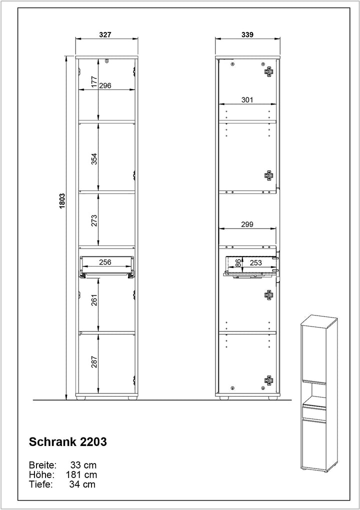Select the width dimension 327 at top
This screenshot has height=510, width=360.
click(104, 35)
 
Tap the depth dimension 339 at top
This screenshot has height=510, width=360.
click(247, 35)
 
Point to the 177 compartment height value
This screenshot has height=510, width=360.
click(93, 82)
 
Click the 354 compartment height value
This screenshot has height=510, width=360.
click(93, 158)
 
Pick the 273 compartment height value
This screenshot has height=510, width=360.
click(93, 219)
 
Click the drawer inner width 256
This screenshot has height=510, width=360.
click(104, 261)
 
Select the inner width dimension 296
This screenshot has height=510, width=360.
click(104, 85)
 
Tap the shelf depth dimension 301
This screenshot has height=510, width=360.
click(247, 100)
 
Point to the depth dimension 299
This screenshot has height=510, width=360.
click(247, 225)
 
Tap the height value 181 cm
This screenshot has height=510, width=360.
click(81, 474)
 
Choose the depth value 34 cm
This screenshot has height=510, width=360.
click(82, 484)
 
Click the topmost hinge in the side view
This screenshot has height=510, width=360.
click(269, 71)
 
